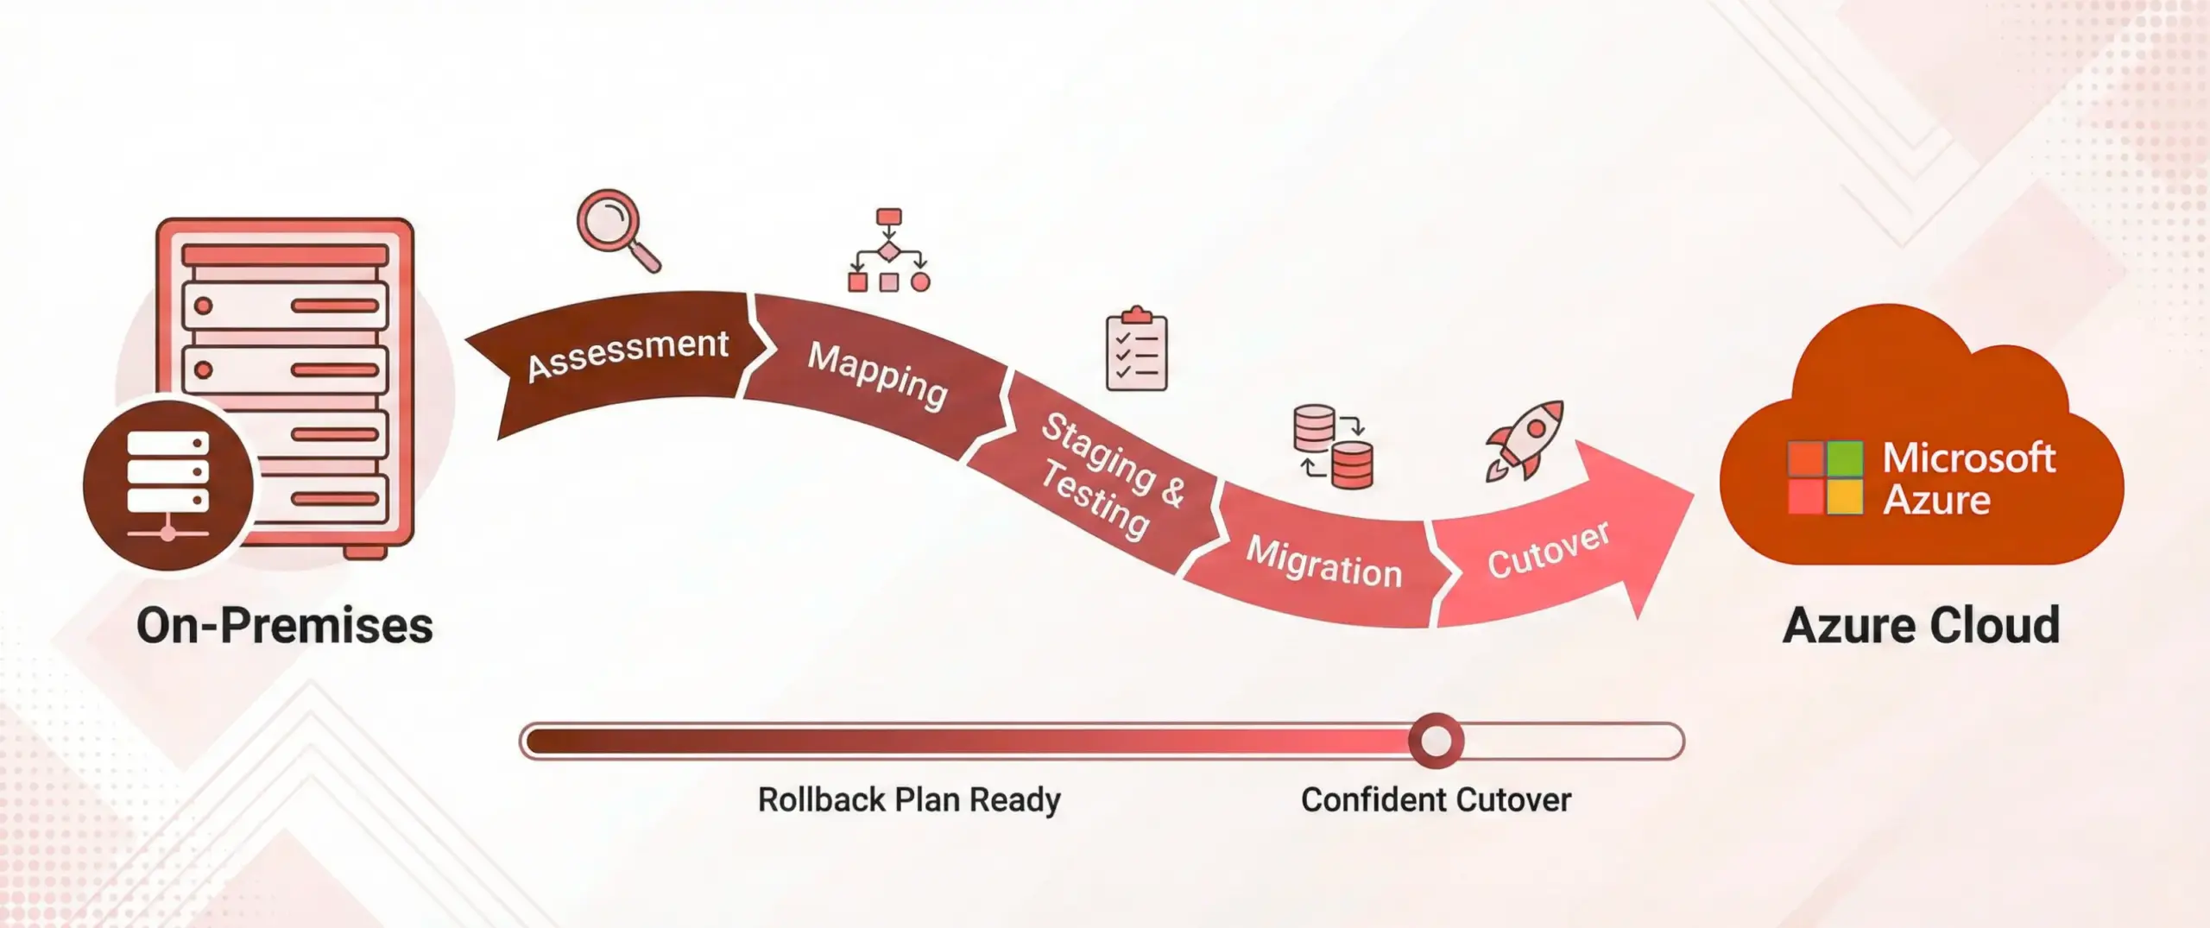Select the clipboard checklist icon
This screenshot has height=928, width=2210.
1136,350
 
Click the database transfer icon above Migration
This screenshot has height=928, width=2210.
1333,446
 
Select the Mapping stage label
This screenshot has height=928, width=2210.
877,375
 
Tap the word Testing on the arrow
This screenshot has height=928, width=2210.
1095,500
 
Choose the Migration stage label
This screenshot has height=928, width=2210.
1323,562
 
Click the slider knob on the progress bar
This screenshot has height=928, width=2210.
1436,741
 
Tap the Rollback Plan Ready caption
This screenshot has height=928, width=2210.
909,799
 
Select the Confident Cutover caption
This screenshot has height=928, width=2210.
1436,799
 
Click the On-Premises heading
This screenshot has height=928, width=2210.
285,625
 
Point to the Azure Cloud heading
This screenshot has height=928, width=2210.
1921,625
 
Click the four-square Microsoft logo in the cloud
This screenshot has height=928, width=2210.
1825,477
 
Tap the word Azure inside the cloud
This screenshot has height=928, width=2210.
1936,500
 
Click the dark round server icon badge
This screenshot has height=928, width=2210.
168,483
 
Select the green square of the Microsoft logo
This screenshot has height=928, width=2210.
1845,458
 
